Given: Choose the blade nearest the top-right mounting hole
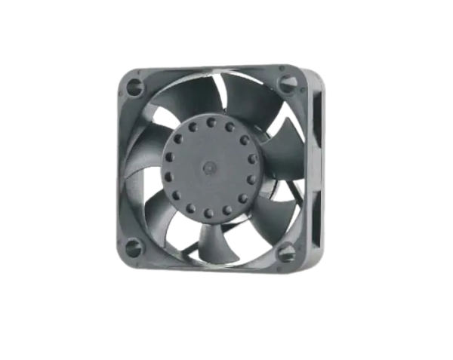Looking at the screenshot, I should coord(249,98).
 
